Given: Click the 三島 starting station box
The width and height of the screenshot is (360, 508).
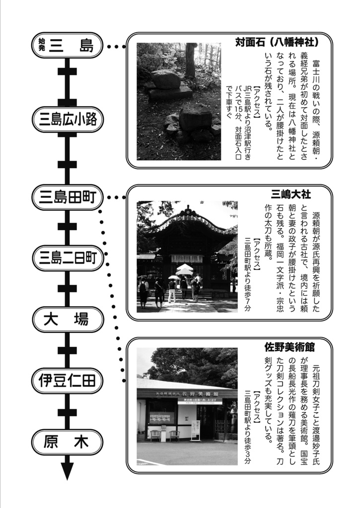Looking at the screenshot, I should pos(67,46).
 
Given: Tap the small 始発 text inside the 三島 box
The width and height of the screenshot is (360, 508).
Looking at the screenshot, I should pos(42,46).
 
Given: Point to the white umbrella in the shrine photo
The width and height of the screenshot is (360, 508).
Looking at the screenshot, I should pos(185,269).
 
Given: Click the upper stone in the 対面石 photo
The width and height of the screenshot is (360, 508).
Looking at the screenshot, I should pos(165,79).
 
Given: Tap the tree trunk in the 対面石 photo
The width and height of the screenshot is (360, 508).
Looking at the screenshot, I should pos(190,60).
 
